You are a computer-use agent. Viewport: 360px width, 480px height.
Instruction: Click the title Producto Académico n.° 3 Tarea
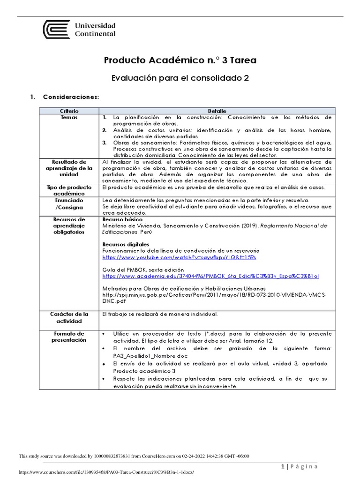180,60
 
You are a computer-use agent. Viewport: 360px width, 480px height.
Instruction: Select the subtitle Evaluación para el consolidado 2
180,78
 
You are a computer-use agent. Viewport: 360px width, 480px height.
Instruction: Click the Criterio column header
69,111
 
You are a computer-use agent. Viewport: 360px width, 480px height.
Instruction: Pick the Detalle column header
216,111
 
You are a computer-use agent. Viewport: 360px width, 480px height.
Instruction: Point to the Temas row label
69,117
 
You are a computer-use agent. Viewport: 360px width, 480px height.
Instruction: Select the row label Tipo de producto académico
69,190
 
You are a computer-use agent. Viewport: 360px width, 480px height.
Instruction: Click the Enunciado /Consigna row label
69,203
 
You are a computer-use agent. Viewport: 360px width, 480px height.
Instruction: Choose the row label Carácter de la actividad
69,317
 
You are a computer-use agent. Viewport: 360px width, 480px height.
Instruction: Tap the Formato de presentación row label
69,337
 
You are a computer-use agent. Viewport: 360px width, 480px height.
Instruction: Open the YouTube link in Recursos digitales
179,258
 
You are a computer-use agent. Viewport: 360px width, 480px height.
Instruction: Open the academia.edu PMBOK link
210,277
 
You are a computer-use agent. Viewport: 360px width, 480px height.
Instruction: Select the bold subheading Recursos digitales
125,245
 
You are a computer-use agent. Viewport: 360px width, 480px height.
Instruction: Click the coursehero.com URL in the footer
105,472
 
